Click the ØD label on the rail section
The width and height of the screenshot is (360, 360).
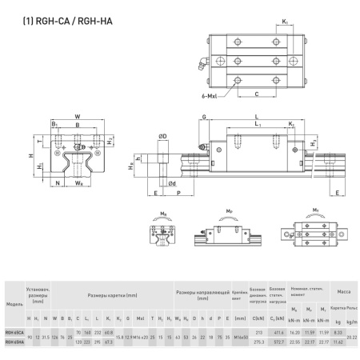pyautogui.click(x=163, y=138)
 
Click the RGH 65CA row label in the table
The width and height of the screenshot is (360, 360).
pyautogui.click(x=14, y=332)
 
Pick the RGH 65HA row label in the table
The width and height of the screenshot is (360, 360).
pyautogui.click(x=14, y=342)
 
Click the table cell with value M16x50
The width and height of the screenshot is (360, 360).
pyautogui.click(x=238, y=338)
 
